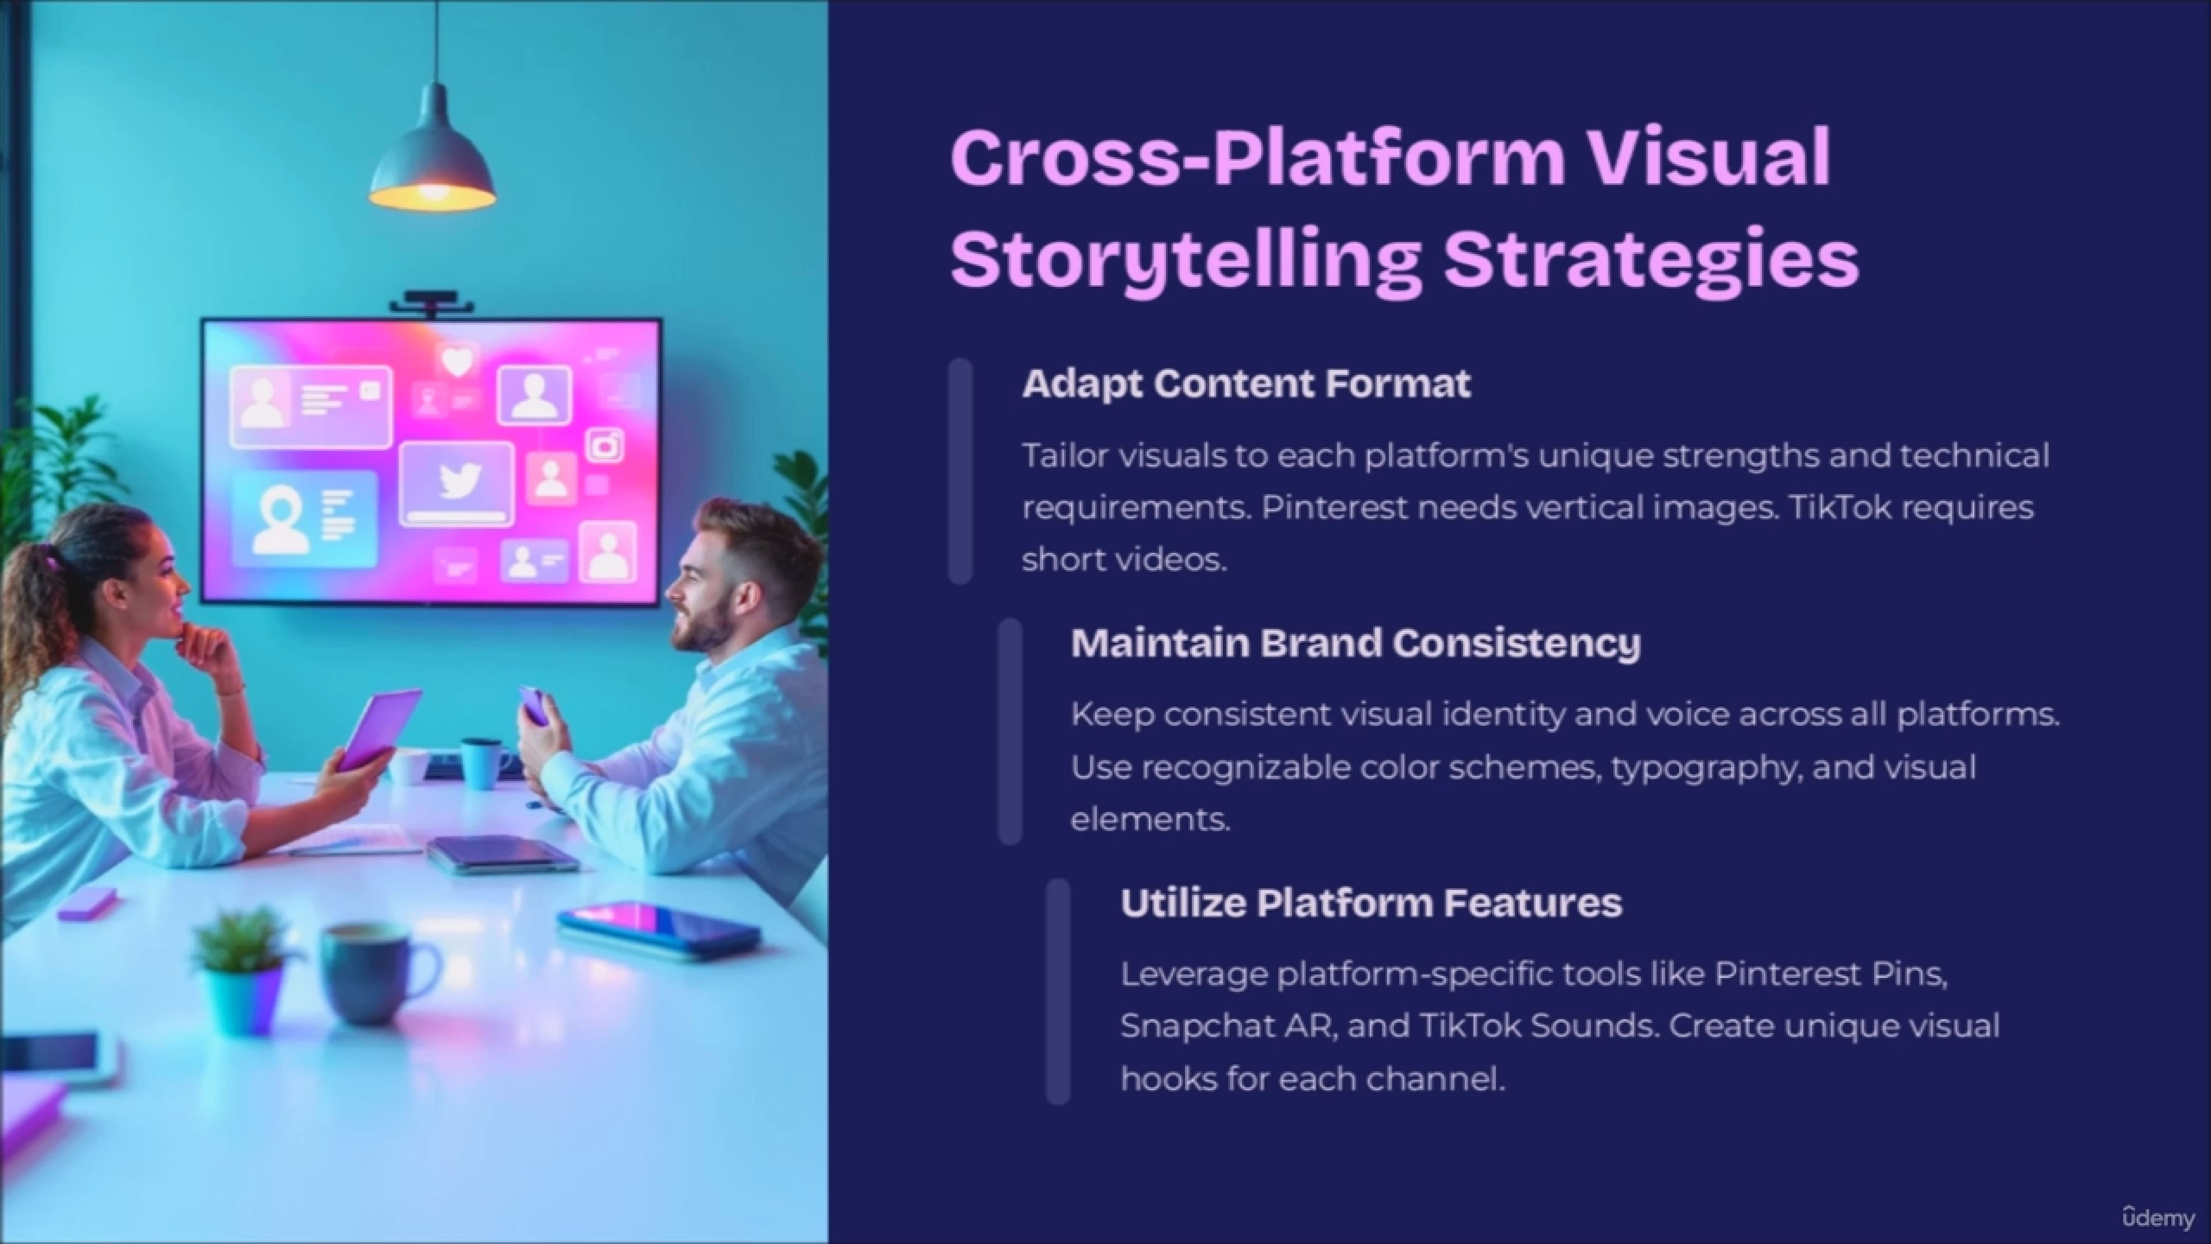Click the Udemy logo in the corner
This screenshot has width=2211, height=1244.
[2158, 1218]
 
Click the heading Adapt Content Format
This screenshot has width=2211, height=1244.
[1246, 384]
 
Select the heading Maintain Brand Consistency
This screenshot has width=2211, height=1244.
[1356, 643]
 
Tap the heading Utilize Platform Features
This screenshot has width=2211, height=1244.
[1371, 902]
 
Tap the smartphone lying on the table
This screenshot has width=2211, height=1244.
[658, 927]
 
